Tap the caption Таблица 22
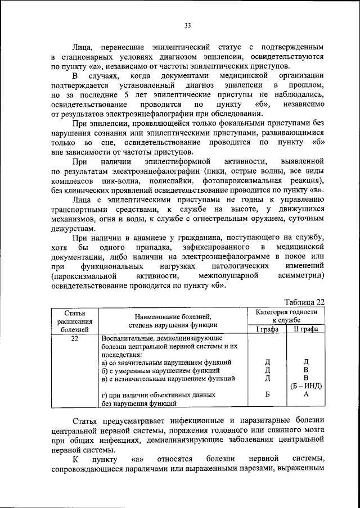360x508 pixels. (x=304, y=301)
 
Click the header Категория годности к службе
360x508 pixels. (x=286, y=316)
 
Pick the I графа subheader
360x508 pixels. (x=267, y=329)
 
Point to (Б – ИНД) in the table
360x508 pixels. (x=306, y=387)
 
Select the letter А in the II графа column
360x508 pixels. (x=306, y=395)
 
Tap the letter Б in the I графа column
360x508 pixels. (x=268, y=395)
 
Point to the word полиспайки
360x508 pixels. (x=169, y=182)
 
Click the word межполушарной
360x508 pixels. (x=228, y=276)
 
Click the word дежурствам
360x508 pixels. (x=75, y=229)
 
